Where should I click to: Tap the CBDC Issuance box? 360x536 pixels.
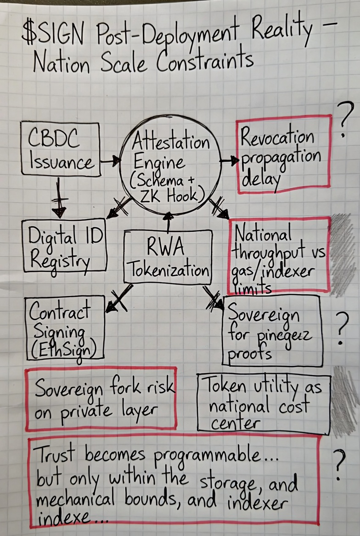coord(61,149)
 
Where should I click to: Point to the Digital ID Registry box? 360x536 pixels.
coord(65,246)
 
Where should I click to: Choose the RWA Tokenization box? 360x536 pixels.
coord(169,256)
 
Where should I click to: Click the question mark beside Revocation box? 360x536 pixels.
coord(345,121)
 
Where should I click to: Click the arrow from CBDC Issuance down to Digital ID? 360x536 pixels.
coord(59,197)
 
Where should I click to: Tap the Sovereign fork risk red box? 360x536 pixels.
coord(101,398)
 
